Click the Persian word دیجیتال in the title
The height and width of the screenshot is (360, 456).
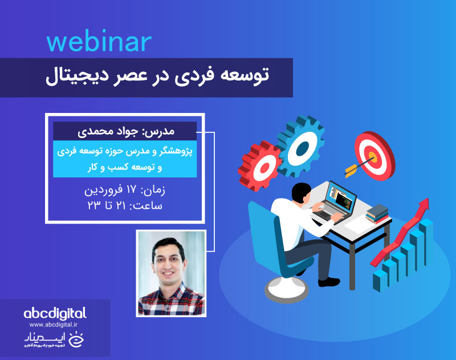pyautogui.click(x=75, y=76)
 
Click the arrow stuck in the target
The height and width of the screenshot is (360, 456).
pyautogui.click(x=356, y=167)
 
